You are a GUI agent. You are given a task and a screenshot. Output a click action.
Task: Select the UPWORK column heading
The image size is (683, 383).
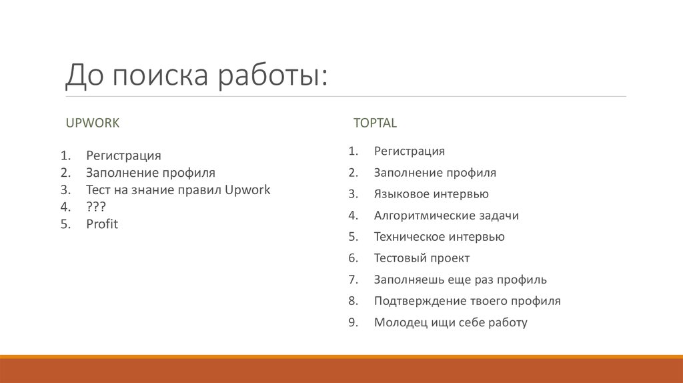pyautogui.click(x=92, y=123)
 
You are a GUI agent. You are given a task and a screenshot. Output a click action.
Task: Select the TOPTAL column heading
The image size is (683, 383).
pyautogui.click(x=375, y=123)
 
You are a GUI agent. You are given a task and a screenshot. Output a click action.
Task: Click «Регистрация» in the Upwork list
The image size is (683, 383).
pyautogui.click(x=123, y=156)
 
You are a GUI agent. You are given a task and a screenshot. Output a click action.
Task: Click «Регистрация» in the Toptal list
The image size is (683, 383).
pyautogui.click(x=409, y=151)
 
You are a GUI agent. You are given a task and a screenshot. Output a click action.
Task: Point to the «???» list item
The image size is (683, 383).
pyautogui.click(x=96, y=207)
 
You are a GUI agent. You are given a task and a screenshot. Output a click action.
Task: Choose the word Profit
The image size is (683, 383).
pyautogui.click(x=102, y=224)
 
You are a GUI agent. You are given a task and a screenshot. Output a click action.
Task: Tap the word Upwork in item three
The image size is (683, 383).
pyautogui.click(x=247, y=190)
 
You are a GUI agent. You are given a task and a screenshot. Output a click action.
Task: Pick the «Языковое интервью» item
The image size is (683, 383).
pyautogui.click(x=431, y=194)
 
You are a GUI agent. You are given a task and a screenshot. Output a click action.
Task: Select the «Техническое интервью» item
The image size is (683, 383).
pyautogui.click(x=439, y=237)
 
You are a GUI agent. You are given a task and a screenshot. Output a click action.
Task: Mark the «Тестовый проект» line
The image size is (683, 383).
pyautogui.click(x=422, y=258)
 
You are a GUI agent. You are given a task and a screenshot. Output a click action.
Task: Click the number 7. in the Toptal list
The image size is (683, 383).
pyautogui.click(x=354, y=280)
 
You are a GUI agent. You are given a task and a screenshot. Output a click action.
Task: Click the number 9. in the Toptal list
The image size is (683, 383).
pyautogui.click(x=354, y=322)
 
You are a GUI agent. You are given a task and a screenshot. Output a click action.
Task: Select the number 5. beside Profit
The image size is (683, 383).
pyautogui.click(x=65, y=224)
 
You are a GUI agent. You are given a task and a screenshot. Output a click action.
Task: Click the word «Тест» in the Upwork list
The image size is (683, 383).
pyautogui.click(x=98, y=190)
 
